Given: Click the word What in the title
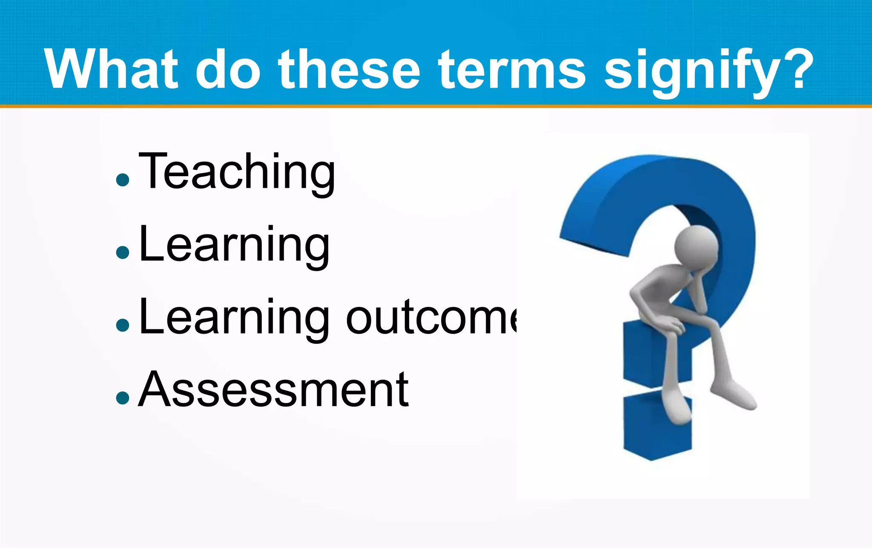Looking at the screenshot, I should (111, 69).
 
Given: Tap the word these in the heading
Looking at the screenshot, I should (349, 69).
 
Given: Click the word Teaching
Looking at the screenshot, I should (237, 173).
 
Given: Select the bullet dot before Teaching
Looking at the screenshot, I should (122, 179).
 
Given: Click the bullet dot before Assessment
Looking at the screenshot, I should (122, 398).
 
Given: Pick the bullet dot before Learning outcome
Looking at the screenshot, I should (122, 325).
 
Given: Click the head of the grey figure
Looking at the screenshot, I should (697, 247).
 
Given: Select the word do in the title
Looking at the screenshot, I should (227, 69).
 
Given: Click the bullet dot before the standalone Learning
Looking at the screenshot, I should (122, 252).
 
